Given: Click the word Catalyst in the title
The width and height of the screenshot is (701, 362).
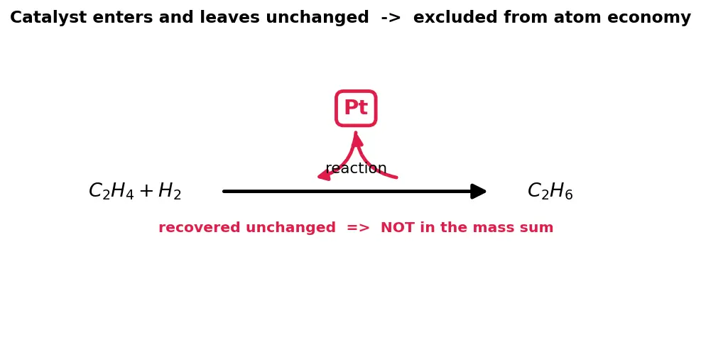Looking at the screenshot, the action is tap(48, 18).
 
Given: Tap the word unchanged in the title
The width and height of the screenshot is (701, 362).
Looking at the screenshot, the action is tap(317, 18).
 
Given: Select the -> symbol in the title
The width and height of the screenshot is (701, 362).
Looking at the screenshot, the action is tap(391, 18).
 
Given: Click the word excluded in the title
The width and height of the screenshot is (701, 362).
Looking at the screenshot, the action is tap(455, 18).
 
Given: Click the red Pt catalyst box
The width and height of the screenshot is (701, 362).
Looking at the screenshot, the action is tap(356, 108).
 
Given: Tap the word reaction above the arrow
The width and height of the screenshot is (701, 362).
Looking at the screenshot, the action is tap(356, 168).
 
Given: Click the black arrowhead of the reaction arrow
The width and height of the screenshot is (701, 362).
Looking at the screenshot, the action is tap(479, 191).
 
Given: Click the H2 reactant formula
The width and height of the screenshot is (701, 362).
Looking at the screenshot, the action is tap(170, 191).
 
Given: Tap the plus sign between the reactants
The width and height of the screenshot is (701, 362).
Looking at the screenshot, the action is tap(146, 191).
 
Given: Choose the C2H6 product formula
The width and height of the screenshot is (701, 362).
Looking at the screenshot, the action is tap(550, 191).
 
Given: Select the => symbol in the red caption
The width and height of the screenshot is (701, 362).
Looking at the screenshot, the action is tap(358, 228).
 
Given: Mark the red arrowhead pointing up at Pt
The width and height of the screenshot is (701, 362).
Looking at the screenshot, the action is tap(357, 138).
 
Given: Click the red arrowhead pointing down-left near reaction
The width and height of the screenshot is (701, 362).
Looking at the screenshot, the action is tap(325, 175).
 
